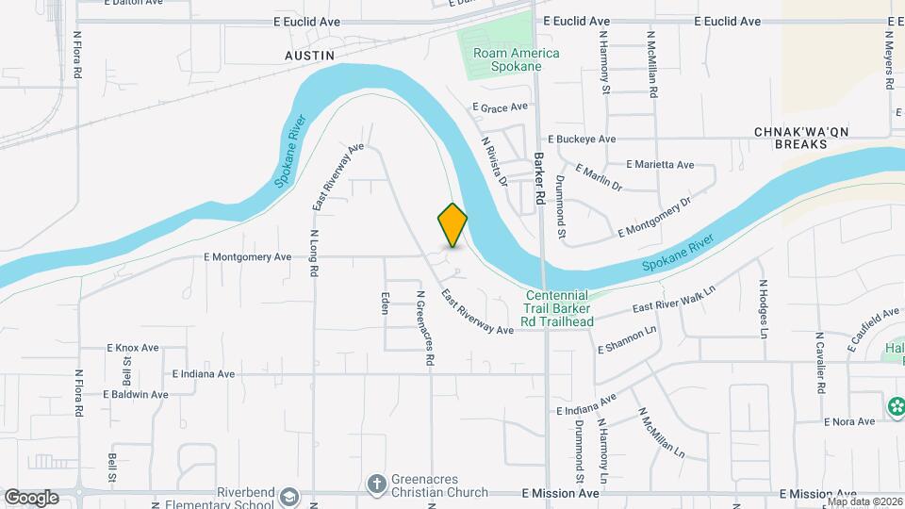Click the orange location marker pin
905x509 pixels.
click(x=452, y=225)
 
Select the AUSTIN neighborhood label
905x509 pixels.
click(x=310, y=57)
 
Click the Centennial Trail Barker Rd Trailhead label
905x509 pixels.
click(x=560, y=308)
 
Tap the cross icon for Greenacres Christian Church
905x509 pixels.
click(x=376, y=484)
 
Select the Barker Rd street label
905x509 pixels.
click(x=540, y=179)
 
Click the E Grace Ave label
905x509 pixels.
click(x=501, y=107)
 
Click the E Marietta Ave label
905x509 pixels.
click(x=659, y=164)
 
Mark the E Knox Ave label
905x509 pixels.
click(x=133, y=348)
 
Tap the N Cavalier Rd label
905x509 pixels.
click(x=821, y=363)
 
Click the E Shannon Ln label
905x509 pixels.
click(x=626, y=340)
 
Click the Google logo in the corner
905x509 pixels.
click(x=31, y=497)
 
